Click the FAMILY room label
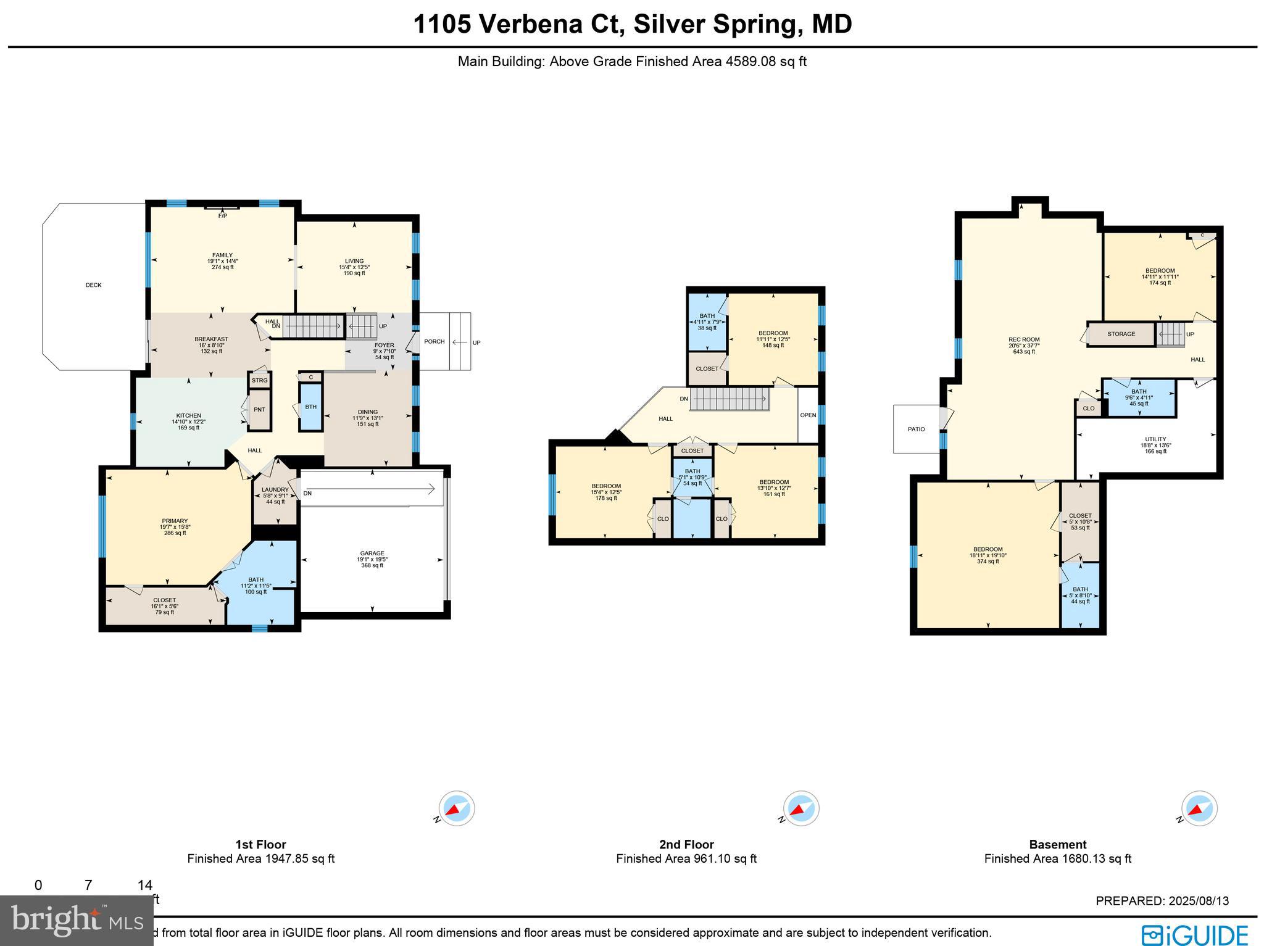[222, 255]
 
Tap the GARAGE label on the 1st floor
[372, 554]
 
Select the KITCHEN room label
[188, 415]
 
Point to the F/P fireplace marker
[222, 215]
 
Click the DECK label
[94, 285]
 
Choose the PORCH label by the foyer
[434, 341]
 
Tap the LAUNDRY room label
[275, 490]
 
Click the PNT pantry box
[259, 410]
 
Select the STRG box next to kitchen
[260, 380]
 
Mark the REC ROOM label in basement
[1024, 339]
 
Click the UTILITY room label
[1155, 439]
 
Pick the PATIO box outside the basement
[916, 429]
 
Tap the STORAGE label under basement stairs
[1121, 334]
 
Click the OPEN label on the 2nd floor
[808, 415]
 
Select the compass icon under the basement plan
[1199, 808]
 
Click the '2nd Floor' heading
[686, 844]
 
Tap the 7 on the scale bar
[88, 886]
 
